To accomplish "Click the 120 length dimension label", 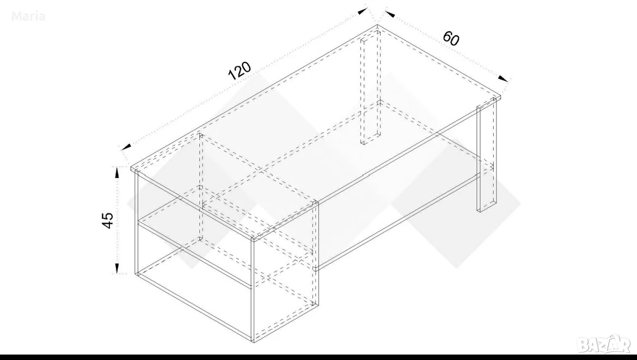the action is (239, 71).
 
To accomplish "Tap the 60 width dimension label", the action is (451, 38).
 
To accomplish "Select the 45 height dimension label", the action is (107, 220).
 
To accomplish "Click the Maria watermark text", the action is (28, 17).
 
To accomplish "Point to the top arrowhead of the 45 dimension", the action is (117, 172).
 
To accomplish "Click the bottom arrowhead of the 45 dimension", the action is (117, 268).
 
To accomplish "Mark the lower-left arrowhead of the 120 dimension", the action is (126, 147).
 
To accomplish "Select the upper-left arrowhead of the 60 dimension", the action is (390, 14).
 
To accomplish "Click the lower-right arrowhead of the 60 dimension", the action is (504, 78).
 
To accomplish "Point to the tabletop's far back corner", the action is (377, 25).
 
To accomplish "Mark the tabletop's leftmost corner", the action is (131, 167).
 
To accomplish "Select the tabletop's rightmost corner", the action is (500, 97).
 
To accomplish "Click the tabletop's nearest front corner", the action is (253, 238).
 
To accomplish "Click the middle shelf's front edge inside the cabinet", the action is (195, 254).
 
